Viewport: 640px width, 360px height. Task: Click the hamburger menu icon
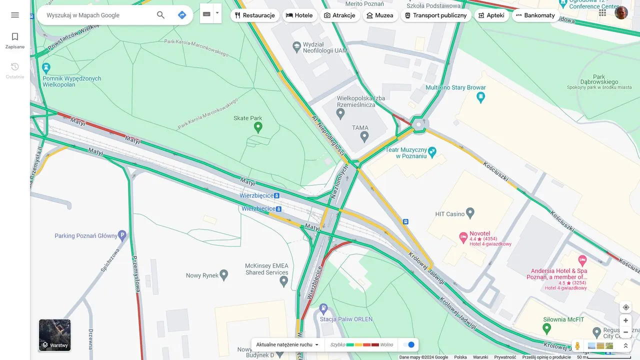(x=15, y=15)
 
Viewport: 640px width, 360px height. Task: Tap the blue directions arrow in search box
(x=182, y=15)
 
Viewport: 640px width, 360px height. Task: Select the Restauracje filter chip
(x=255, y=15)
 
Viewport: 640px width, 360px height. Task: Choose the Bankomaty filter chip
(x=535, y=15)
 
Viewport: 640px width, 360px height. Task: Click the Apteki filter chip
(x=491, y=15)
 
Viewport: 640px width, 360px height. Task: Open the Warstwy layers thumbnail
(x=55, y=335)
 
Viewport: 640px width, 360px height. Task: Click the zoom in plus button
(x=625, y=320)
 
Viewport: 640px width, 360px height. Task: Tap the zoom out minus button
(x=625, y=332)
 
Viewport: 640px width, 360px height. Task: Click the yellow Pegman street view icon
(x=577, y=345)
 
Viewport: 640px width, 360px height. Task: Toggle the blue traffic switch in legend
(x=409, y=344)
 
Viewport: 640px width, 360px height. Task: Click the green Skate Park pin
(x=258, y=127)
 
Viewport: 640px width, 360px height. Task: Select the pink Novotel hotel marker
(x=463, y=237)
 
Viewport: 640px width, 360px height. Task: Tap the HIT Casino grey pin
(x=470, y=213)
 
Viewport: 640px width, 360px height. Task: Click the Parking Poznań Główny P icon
(x=122, y=235)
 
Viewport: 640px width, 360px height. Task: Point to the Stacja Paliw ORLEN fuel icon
(x=324, y=309)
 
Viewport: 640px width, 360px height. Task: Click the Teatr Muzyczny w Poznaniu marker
(x=432, y=151)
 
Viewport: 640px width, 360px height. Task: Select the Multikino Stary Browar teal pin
(x=481, y=97)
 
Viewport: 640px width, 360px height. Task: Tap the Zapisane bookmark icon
(x=15, y=37)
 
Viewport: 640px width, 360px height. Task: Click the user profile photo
(x=621, y=13)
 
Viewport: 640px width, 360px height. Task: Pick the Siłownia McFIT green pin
(x=546, y=328)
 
